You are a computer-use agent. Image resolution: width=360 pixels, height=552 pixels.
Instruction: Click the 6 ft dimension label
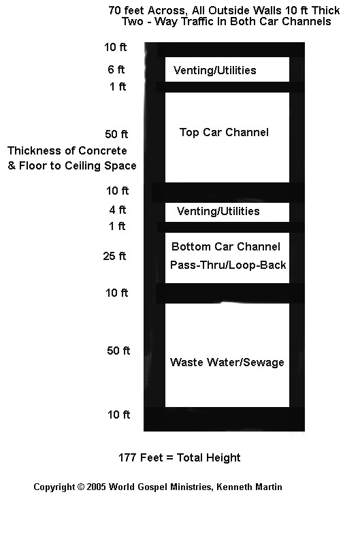click(x=116, y=69)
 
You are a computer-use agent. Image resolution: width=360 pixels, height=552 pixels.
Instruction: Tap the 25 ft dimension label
click(x=114, y=256)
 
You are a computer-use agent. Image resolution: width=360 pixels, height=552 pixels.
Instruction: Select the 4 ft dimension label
click(x=118, y=210)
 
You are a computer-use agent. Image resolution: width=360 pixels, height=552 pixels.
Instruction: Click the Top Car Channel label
click(x=224, y=132)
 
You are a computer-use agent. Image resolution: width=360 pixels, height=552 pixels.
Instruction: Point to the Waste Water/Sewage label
click(x=227, y=362)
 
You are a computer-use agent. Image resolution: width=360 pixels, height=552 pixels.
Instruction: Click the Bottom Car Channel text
click(x=226, y=246)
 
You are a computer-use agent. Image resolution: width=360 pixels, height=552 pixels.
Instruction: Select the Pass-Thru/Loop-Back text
click(x=228, y=265)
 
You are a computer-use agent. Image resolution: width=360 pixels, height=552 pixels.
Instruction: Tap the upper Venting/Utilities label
click(x=214, y=70)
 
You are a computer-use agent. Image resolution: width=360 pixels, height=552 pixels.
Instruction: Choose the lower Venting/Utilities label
click(x=218, y=211)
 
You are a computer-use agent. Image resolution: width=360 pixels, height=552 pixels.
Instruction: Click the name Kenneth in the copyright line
click(x=232, y=487)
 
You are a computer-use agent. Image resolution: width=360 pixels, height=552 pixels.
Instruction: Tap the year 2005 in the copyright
click(x=96, y=487)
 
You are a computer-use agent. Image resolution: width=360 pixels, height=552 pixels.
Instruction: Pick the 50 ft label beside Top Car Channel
click(x=116, y=134)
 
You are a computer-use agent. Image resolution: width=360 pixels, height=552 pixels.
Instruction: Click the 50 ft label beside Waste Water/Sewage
click(x=118, y=351)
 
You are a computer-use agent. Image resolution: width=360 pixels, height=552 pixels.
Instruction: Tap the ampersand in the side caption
click(x=12, y=165)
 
